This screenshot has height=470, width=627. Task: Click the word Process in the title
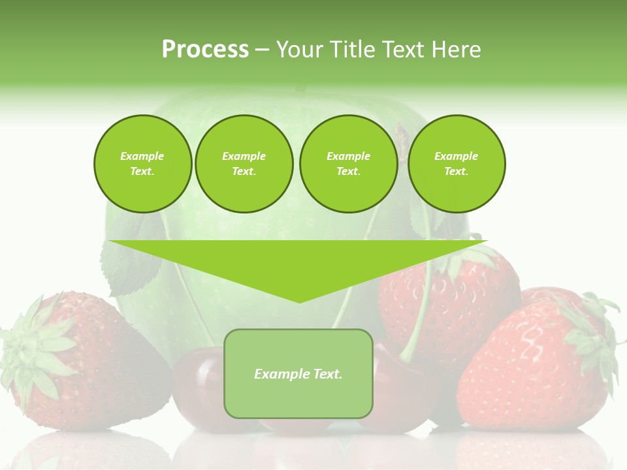coord(205,50)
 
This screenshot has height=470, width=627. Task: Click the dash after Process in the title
coord(261,50)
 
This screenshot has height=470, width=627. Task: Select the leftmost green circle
coord(142,163)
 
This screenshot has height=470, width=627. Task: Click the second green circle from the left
coord(244,163)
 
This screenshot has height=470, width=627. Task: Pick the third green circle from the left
coord(348,163)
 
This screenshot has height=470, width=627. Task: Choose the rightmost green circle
coord(456,163)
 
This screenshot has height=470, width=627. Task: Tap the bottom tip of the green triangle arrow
coord(299,301)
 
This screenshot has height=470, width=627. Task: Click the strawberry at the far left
coord(98,366)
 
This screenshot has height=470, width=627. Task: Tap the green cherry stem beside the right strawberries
coord(421,307)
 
